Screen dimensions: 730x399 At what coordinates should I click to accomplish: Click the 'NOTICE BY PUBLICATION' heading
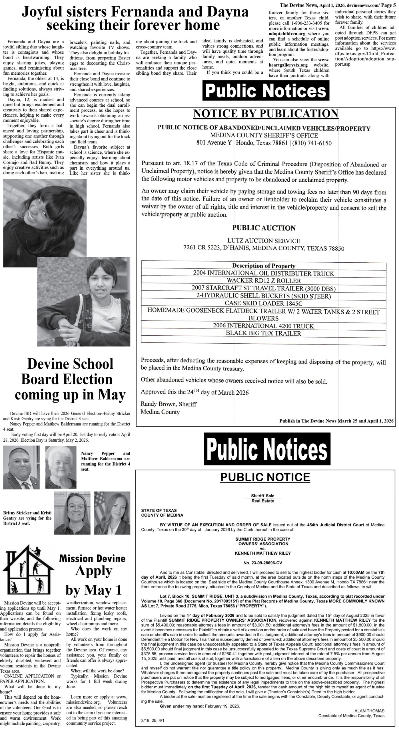click(266, 113)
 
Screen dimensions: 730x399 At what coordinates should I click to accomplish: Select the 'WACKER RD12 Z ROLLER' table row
click(264, 281)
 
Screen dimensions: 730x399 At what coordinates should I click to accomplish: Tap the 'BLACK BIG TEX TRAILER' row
click(263, 333)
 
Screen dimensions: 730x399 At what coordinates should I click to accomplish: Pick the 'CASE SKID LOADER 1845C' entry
click(263, 303)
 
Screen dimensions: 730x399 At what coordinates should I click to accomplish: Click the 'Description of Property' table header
click(263, 266)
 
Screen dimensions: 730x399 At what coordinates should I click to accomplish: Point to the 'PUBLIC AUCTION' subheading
click(264, 228)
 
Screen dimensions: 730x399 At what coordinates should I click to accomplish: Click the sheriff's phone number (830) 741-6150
click(313, 143)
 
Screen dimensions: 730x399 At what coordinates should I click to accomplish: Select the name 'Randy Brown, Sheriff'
click(169, 404)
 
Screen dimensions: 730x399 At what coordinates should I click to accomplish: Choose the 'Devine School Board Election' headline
click(70, 379)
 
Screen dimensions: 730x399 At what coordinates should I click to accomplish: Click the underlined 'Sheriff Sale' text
click(262, 496)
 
